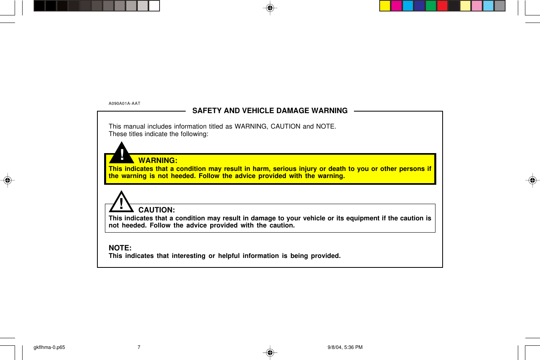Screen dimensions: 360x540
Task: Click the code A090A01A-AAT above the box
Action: point(124,104)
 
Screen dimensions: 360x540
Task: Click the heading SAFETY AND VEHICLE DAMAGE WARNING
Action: point(270,111)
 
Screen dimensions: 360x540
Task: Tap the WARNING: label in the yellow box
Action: point(158,161)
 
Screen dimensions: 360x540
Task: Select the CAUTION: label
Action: point(156,210)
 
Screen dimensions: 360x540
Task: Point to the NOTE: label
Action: point(120,248)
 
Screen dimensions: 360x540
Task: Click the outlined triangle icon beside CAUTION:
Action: point(122,203)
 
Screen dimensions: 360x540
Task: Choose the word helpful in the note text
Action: point(229,256)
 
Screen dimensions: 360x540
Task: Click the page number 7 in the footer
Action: point(139,347)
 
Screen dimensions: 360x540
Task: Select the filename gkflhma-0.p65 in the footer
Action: point(49,347)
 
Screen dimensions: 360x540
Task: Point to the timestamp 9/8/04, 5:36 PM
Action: point(345,347)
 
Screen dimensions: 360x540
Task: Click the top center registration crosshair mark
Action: point(270,8)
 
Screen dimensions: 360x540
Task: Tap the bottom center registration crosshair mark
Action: point(270,352)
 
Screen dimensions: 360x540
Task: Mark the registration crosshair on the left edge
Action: point(7,180)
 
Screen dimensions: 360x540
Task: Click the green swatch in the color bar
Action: point(431,6)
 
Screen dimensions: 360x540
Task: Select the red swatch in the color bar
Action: point(442,6)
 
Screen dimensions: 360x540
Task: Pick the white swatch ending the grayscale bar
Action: point(154,6)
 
